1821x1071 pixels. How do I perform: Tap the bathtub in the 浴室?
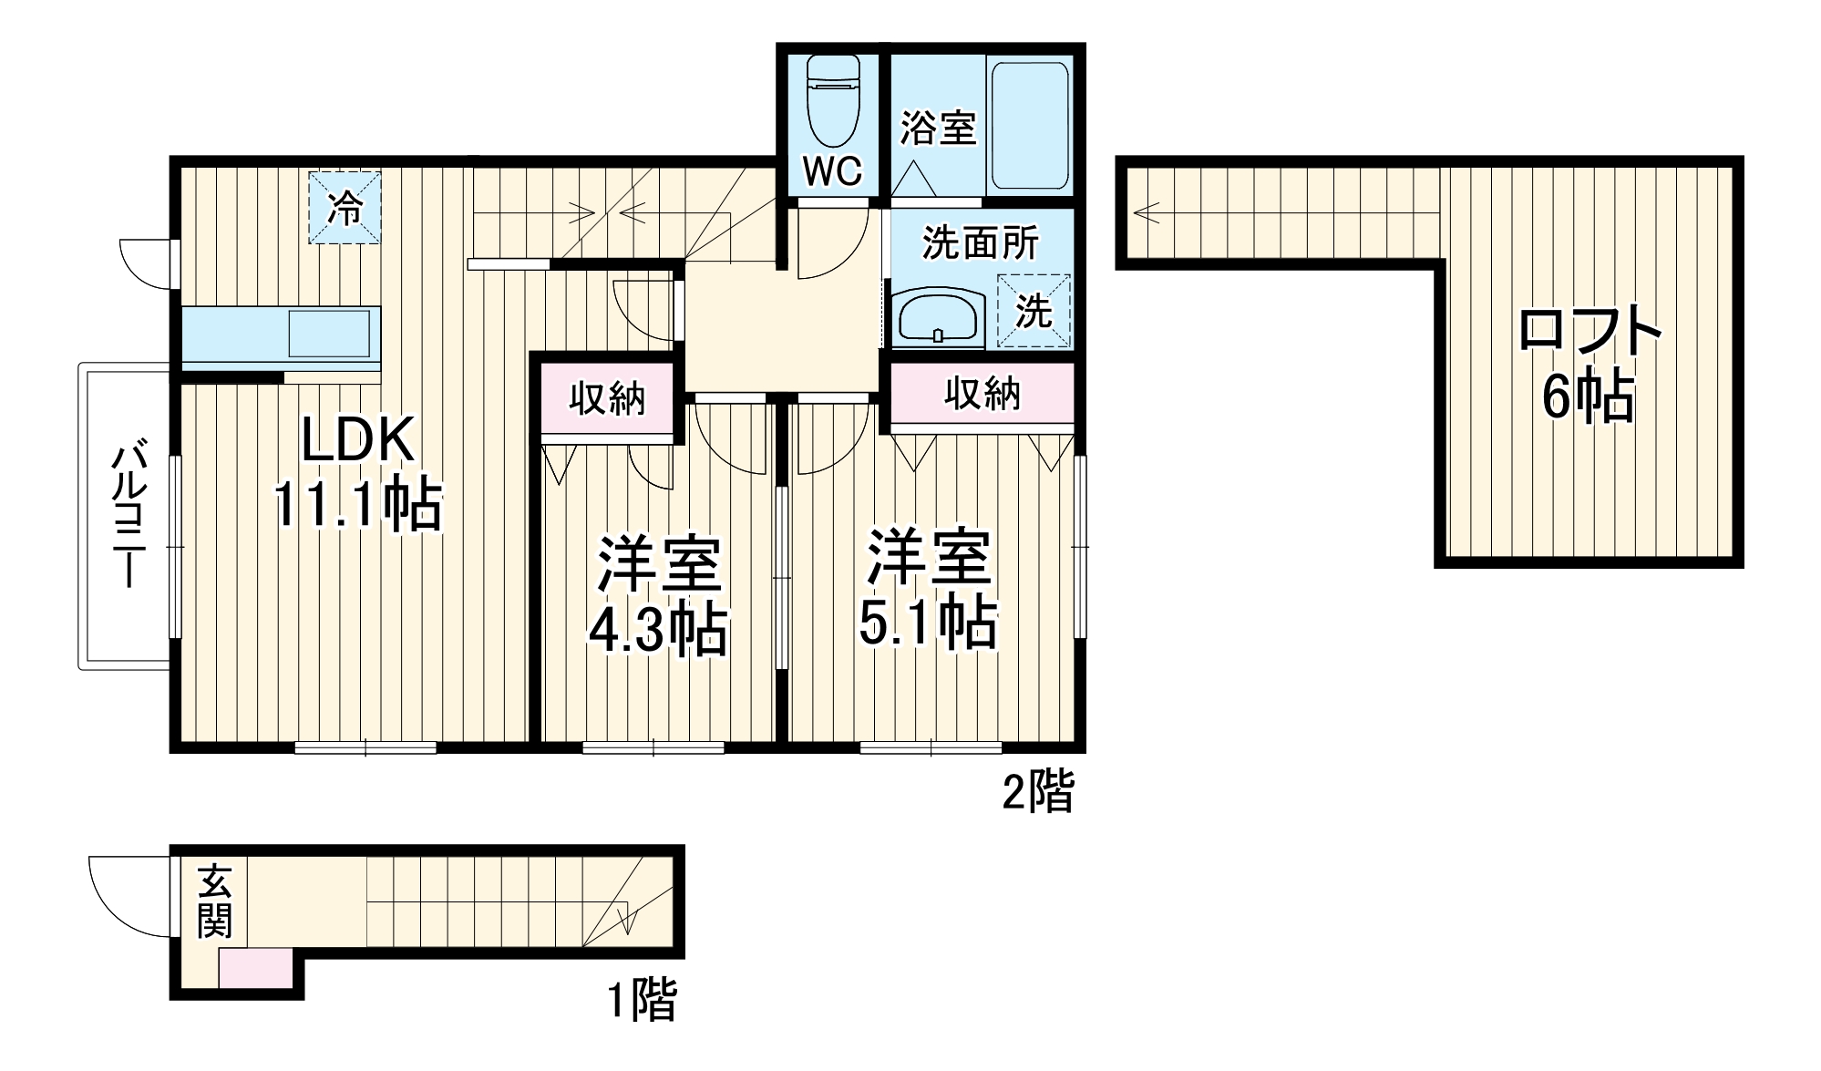click(x=1030, y=126)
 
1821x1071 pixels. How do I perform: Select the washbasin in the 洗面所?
click(x=938, y=317)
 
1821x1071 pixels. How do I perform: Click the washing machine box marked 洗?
click(x=1034, y=311)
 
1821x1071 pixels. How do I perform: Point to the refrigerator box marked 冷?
click(x=345, y=209)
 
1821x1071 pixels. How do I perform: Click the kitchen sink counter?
click(x=281, y=334)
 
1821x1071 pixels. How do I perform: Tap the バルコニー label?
click(x=128, y=516)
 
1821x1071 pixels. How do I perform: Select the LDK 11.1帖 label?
click(x=358, y=474)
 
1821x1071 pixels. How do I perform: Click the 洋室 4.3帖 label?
click(x=658, y=596)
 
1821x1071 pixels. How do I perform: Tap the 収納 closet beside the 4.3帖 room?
click(x=607, y=398)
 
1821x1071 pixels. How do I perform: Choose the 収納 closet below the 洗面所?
click(x=983, y=393)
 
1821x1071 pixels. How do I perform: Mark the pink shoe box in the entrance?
click(x=256, y=968)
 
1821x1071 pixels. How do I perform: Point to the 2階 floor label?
click(x=1038, y=791)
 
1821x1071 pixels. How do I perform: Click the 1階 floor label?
click(x=643, y=1000)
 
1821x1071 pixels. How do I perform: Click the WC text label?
click(x=833, y=170)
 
